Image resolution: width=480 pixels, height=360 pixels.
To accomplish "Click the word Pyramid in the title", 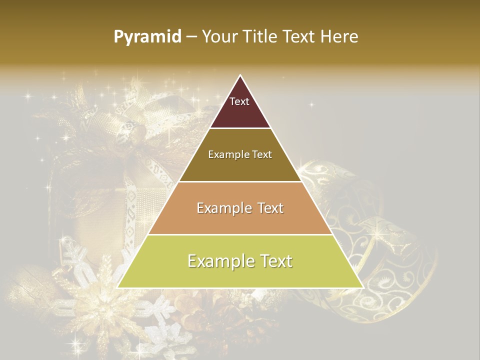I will [147, 37].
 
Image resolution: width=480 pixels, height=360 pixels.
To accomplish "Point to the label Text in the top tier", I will [239, 101].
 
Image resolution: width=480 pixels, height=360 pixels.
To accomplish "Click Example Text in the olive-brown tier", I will [240, 154].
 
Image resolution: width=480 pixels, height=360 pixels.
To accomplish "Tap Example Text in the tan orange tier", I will [240, 208].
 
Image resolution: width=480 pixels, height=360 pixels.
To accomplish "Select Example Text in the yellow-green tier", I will [240, 261].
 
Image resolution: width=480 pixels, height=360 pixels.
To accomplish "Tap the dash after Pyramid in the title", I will [191, 37].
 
